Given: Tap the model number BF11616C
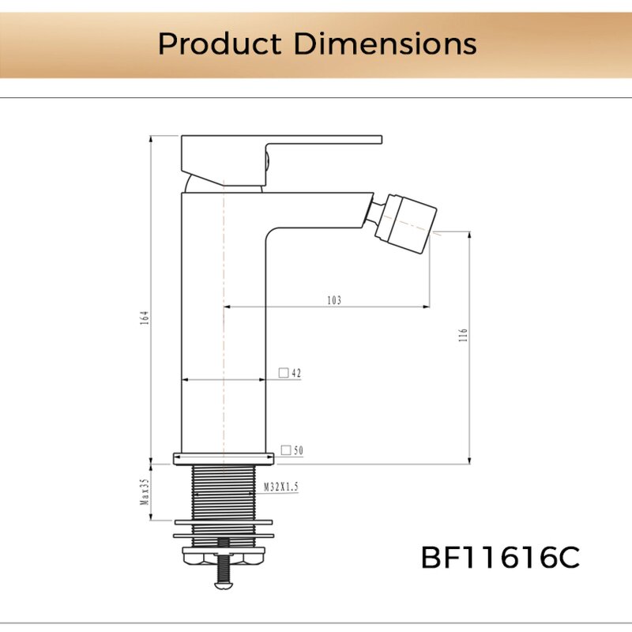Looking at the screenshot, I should click(500, 558).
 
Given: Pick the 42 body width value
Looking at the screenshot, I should click(296, 373).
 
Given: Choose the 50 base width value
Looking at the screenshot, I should click(299, 450).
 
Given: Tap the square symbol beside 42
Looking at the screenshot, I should click(284, 373).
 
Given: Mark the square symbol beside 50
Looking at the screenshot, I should click(286, 450).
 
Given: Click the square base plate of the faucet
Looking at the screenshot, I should click(224, 457).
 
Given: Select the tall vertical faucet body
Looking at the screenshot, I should click(224, 332).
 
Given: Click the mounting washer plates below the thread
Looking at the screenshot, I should click(224, 528).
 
